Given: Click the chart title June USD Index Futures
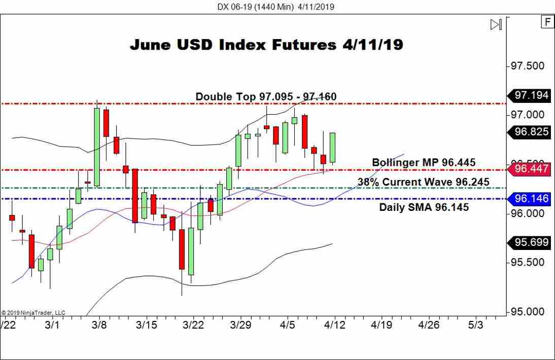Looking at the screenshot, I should (266, 45).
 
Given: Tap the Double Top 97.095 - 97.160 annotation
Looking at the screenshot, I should (266, 96).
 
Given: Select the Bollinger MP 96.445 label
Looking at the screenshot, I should (424, 162).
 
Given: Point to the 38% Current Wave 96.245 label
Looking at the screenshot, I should (423, 182).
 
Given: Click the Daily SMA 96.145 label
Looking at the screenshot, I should (424, 207).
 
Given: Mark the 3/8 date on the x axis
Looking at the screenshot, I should (100, 325).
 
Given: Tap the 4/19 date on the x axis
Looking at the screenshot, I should (381, 325).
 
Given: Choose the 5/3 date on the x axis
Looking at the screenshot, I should (475, 325).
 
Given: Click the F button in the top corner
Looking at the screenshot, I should (547, 22).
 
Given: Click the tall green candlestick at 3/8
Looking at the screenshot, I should (96, 147).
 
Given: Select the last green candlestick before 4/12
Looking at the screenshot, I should (333, 148).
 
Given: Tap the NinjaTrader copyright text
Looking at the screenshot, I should (33, 313).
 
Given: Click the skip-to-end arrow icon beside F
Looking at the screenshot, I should (496, 24).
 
